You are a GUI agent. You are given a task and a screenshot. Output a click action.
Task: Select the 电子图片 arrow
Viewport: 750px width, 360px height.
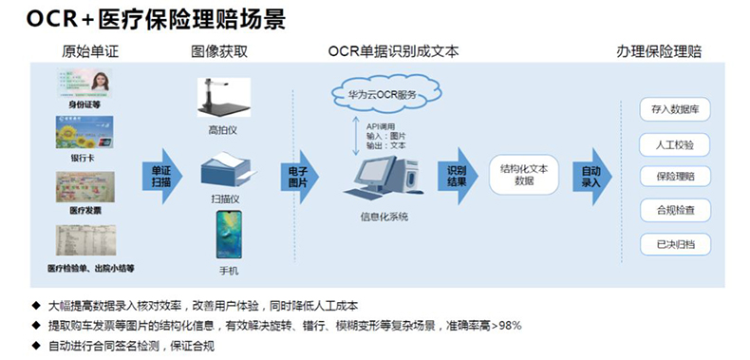point(299,176)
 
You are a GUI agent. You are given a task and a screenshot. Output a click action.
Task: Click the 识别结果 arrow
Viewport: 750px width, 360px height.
point(459,176)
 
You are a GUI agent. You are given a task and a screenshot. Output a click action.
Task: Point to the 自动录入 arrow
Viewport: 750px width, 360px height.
point(591,176)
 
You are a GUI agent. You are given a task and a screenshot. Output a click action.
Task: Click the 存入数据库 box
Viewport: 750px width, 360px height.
point(676,111)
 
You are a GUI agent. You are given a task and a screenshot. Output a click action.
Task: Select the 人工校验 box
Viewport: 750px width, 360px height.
point(676,144)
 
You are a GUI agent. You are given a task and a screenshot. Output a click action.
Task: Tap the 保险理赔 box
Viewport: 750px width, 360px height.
point(676,177)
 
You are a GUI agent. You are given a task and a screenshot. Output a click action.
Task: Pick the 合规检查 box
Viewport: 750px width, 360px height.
point(676,210)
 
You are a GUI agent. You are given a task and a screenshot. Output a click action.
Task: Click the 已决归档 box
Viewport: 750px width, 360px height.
point(676,243)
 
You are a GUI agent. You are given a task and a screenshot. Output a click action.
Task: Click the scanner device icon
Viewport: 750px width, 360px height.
point(227,176)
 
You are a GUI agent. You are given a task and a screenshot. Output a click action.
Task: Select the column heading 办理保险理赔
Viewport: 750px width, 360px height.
point(658,51)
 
